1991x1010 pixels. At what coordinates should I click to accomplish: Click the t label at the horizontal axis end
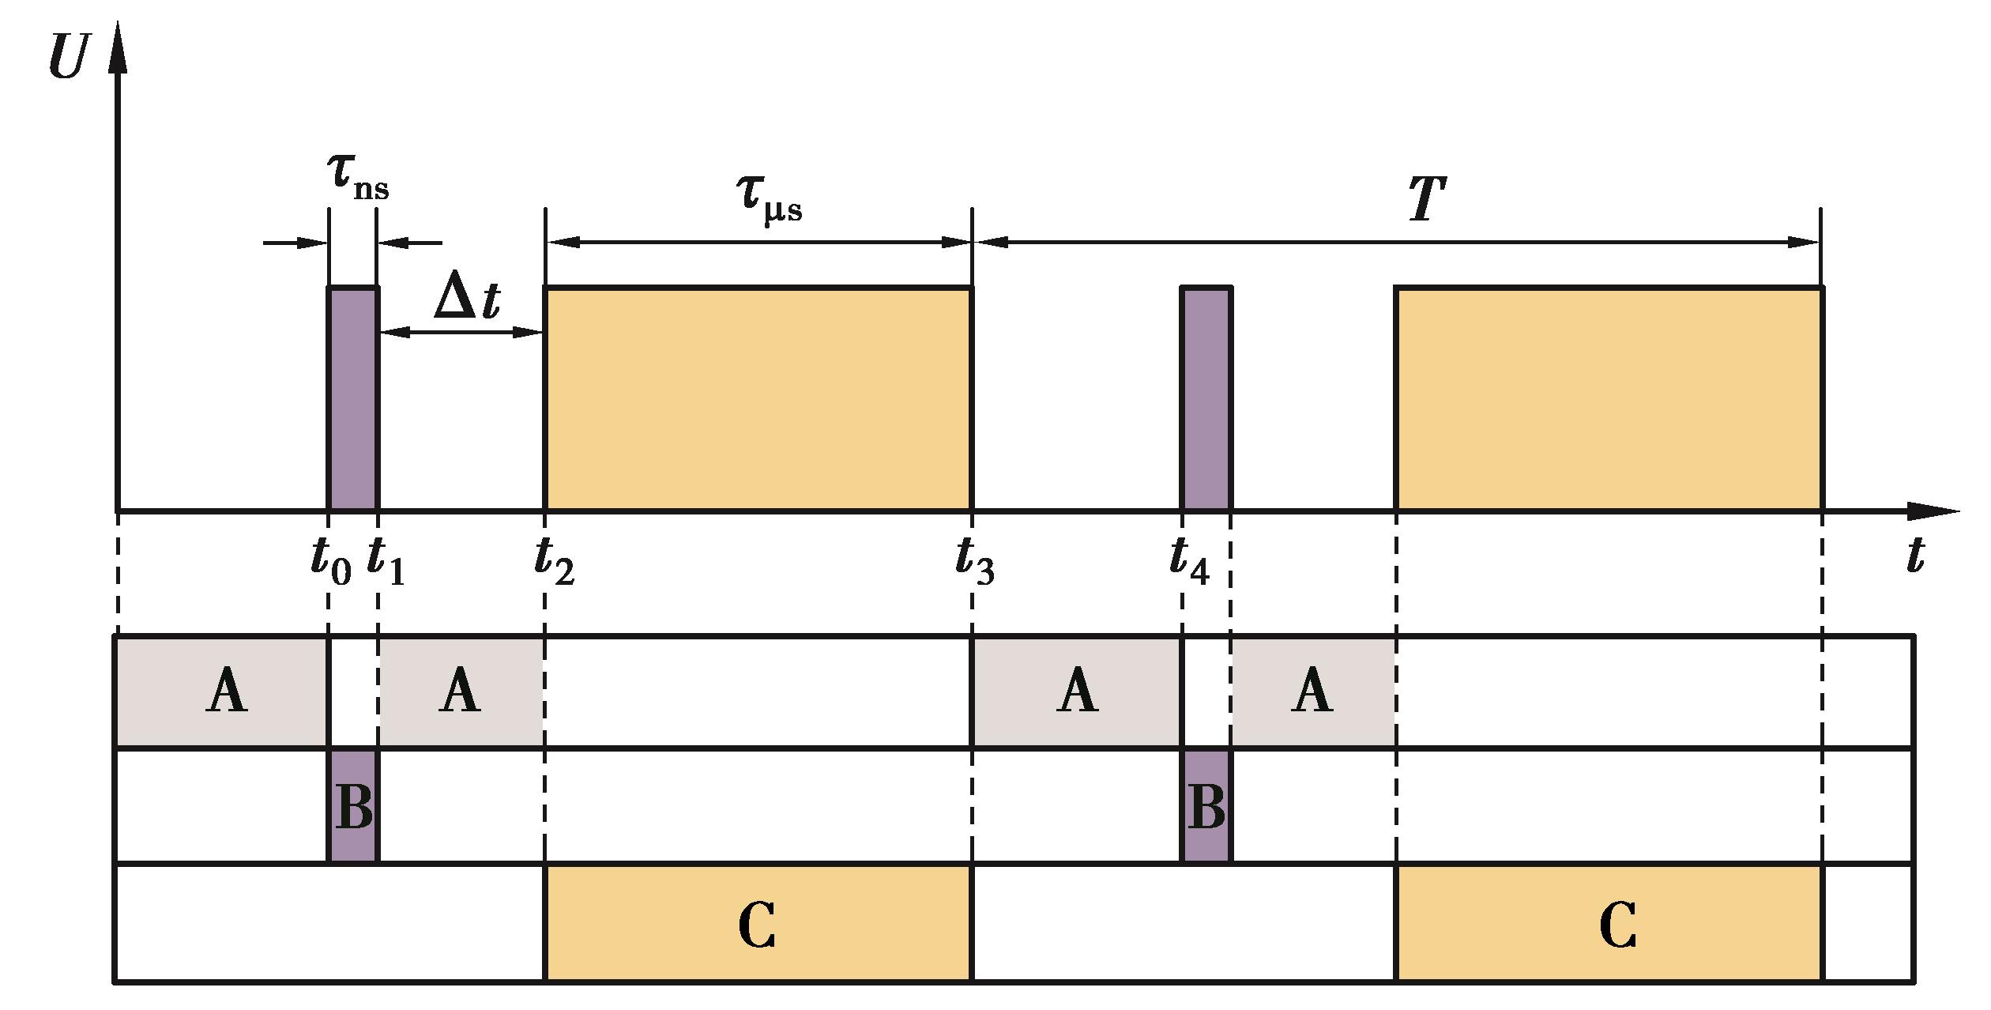(x=1915, y=556)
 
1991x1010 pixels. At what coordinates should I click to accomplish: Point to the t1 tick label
(x=386, y=561)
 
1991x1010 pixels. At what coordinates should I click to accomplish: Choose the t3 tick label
(x=974, y=561)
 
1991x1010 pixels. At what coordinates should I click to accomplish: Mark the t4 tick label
(x=1189, y=561)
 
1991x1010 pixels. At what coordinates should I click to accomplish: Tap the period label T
(x=1427, y=199)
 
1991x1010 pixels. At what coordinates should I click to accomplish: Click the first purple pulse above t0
(x=353, y=399)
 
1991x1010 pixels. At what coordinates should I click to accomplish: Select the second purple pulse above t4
(x=1206, y=399)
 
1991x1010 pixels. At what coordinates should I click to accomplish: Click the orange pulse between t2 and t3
(x=758, y=399)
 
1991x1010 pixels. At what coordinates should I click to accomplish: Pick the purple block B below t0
(x=353, y=806)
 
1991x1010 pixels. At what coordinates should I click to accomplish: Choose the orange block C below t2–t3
(x=758, y=923)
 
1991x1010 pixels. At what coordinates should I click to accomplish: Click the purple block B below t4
(x=1206, y=806)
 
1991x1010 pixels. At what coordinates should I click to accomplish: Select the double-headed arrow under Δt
(x=461, y=333)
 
